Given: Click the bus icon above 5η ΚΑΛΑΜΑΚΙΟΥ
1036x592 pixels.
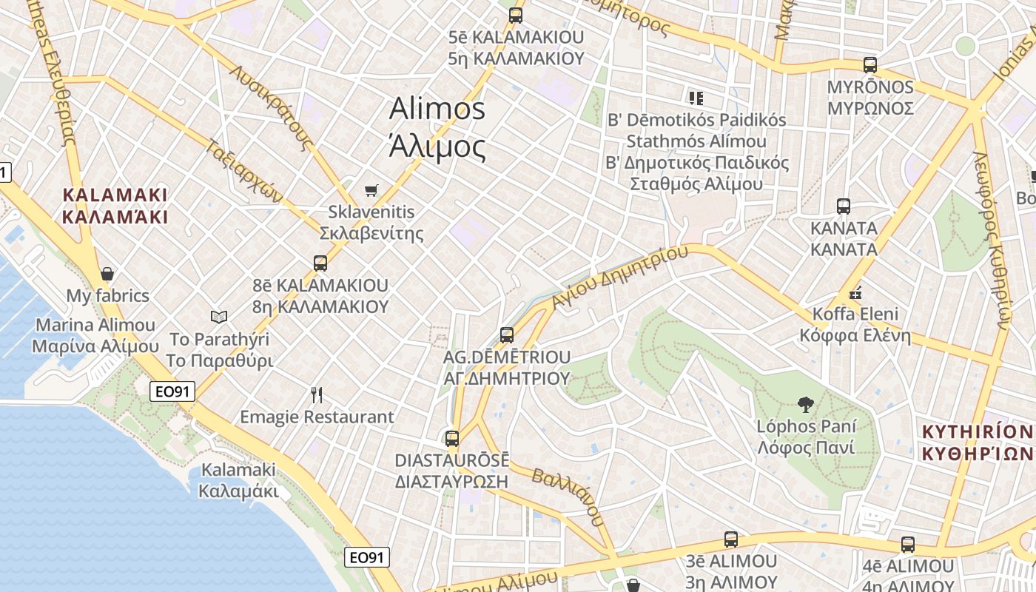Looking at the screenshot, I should pos(516,15).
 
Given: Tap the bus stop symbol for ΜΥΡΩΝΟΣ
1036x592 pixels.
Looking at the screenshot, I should pos(870,65).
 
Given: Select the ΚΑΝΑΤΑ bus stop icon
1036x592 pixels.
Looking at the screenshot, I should pos(844,206).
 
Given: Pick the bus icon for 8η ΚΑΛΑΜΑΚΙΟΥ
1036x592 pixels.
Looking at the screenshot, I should pos(320,263).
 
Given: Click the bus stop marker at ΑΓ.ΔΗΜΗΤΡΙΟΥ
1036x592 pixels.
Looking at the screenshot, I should pos(507,334).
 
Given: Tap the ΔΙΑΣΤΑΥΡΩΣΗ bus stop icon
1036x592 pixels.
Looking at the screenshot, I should pos(452,438).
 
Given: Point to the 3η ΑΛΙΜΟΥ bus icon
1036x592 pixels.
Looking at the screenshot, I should pos(731,539).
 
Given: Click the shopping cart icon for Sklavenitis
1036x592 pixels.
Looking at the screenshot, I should pos(371,190).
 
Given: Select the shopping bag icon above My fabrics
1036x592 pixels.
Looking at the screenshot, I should pos(107,274).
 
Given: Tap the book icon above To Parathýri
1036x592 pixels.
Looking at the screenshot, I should pos(219,317).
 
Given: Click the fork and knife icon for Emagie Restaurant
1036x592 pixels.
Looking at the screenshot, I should pos(317,394).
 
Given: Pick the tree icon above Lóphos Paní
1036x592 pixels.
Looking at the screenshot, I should pos(806,404).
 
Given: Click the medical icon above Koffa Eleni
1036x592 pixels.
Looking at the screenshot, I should pos(855,292).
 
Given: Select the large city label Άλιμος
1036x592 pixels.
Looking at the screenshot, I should pos(437,147).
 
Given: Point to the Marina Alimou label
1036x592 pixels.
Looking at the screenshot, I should pos(95,325).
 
